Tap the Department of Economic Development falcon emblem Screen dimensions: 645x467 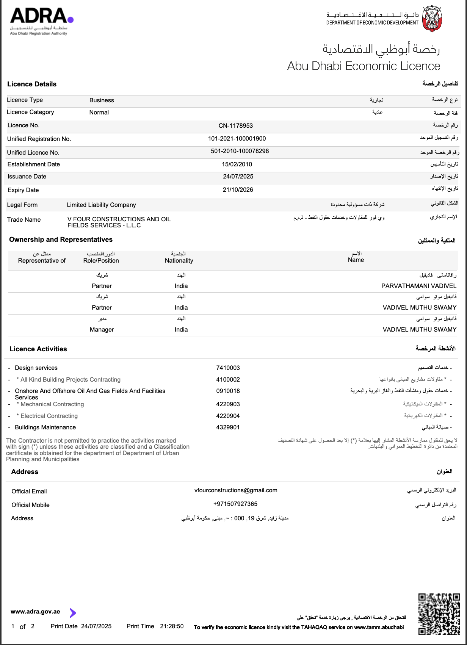click(432, 19)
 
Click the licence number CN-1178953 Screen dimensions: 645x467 click(235, 126)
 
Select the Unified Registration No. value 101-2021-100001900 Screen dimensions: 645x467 click(237, 139)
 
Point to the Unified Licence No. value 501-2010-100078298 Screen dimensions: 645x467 click(240, 151)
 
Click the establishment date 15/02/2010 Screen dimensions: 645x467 click(237, 164)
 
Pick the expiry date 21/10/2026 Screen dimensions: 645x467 click(238, 190)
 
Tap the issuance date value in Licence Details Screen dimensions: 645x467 click(238, 177)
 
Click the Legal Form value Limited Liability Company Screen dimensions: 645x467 click(101, 205)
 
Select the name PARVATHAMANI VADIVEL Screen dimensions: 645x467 click(418, 286)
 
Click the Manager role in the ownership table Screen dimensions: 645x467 click(102, 330)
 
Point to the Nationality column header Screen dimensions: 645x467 click(179, 261)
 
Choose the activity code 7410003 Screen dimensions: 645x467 click(228, 368)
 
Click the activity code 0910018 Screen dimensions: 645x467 click(228, 391)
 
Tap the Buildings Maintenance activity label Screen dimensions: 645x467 click(45, 427)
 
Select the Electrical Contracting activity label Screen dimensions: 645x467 click(49, 416)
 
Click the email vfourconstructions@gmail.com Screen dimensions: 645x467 click(236, 490)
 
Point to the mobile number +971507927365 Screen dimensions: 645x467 click(235, 504)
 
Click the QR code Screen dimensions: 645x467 click(439, 614)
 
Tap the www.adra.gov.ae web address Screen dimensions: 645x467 click(35, 612)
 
